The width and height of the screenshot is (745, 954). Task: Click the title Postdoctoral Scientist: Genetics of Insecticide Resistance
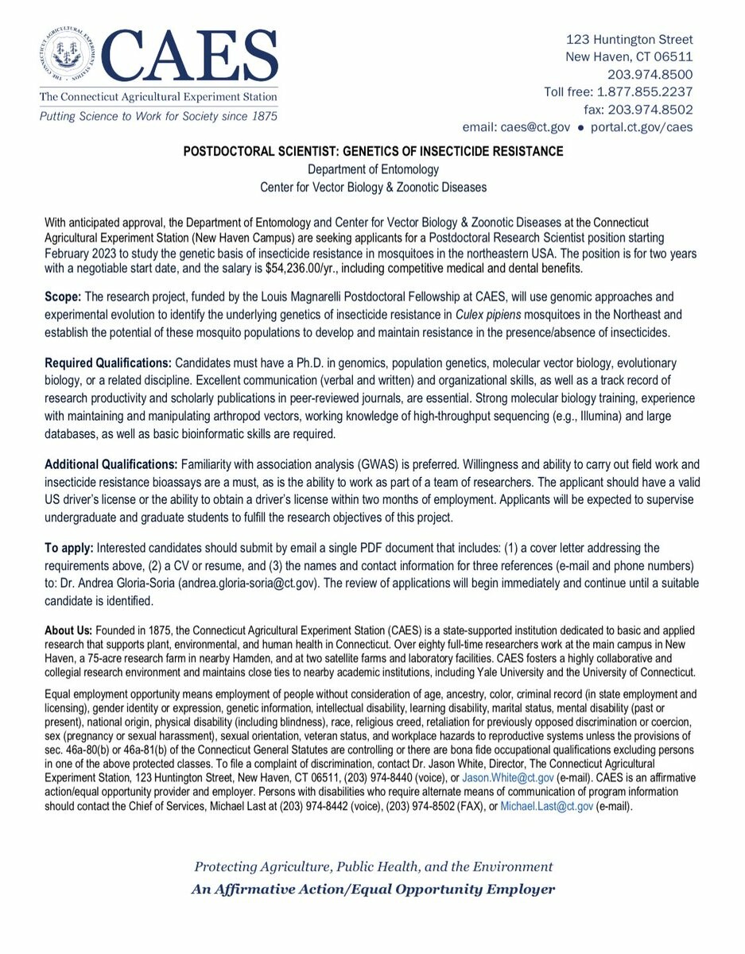point(373,151)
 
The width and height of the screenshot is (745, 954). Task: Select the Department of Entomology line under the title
point(373,169)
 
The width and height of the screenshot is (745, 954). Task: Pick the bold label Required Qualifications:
point(108,362)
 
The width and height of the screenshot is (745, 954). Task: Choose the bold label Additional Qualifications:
point(111,463)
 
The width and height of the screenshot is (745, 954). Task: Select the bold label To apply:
point(69,548)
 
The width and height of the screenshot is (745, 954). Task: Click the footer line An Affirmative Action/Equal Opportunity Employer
point(373,890)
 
